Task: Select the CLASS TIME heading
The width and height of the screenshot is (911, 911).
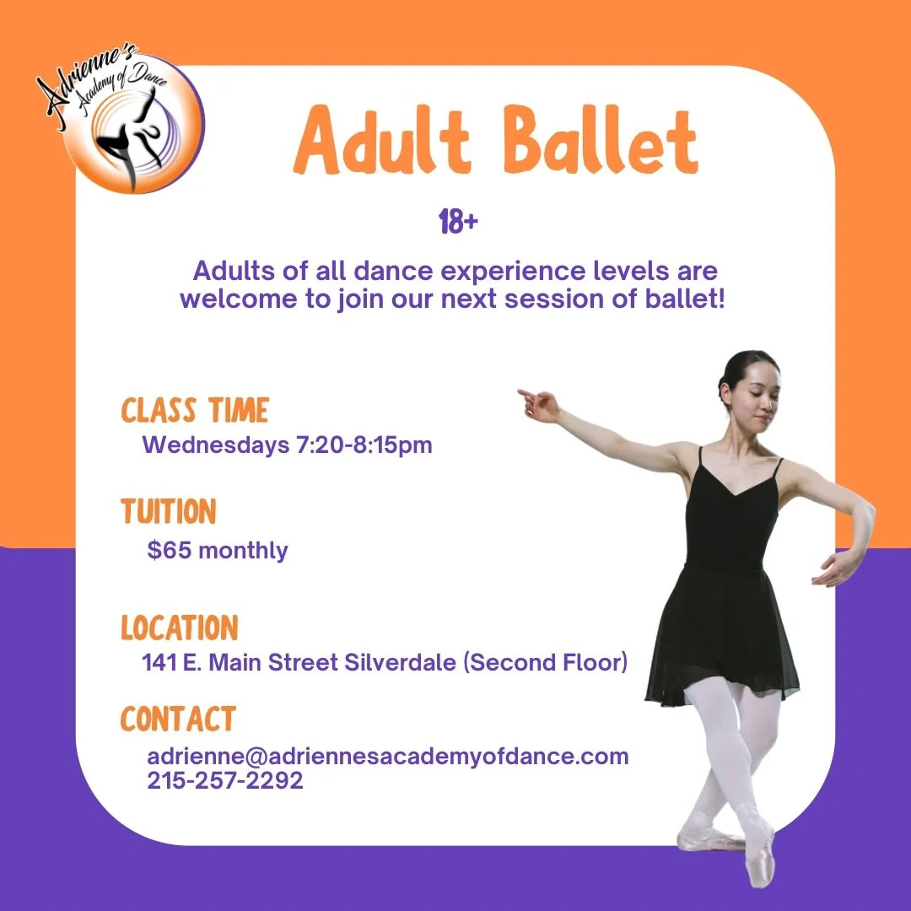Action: (x=195, y=411)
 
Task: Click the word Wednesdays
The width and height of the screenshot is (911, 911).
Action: (x=216, y=445)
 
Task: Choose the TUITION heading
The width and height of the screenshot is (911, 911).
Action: (x=169, y=512)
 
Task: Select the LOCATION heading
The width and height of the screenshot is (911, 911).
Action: (x=180, y=628)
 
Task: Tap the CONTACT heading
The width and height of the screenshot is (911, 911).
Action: (x=178, y=720)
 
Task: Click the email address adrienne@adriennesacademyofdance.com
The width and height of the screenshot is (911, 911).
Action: (x=388, y=756)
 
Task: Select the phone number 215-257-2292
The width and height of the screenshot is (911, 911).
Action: (x=225, y=781)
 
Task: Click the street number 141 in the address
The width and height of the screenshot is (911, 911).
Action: (x=160, y=663)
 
